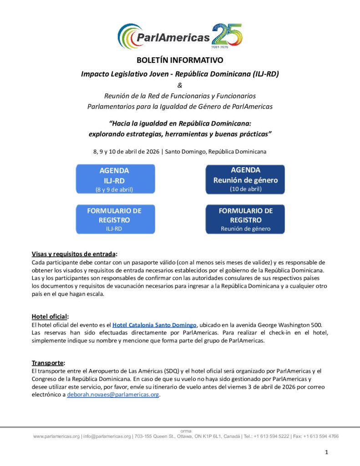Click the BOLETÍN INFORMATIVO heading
click(x=180, y=60)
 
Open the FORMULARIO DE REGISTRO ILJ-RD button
click(x=114, y=219)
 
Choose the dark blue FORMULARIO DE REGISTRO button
click(x=245, y=219)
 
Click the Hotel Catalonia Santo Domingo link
click(x=154, y=325)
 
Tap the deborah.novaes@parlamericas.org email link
click(x=113, y=395)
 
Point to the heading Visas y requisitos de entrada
click(x=74, y=254)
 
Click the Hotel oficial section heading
click(x=50, y=316)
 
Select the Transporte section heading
click(x=48, y=363)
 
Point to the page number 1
click(x=326, y=452)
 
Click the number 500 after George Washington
click(x=316, y=325)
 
